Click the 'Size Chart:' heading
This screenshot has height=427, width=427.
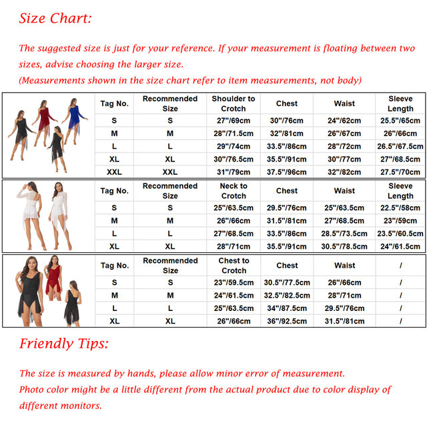coord(55,19)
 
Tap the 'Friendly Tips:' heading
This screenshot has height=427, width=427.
coord(64,344)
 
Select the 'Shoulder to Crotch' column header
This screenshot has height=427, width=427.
coord(234,103)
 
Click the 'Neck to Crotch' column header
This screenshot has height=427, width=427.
coord(234,191)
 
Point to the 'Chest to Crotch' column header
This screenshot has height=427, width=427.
coord(234,266)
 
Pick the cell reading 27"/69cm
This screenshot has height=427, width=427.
coord(234,120)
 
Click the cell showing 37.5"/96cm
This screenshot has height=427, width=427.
coord(286,172)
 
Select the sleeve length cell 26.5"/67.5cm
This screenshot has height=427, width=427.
coord(400,146)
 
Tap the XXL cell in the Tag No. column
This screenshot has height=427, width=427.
coord(114,172)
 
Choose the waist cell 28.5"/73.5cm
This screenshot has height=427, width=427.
coord(344,234)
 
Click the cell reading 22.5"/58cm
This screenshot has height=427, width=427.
coord(400,207)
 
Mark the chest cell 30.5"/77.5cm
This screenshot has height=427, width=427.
coord(287,283)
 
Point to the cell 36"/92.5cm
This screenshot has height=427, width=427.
coord(287,321)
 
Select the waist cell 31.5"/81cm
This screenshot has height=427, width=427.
coord(344,321)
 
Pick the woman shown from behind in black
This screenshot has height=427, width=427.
coord(73,303)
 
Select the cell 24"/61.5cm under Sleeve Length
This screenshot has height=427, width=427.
coord(400,246)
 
